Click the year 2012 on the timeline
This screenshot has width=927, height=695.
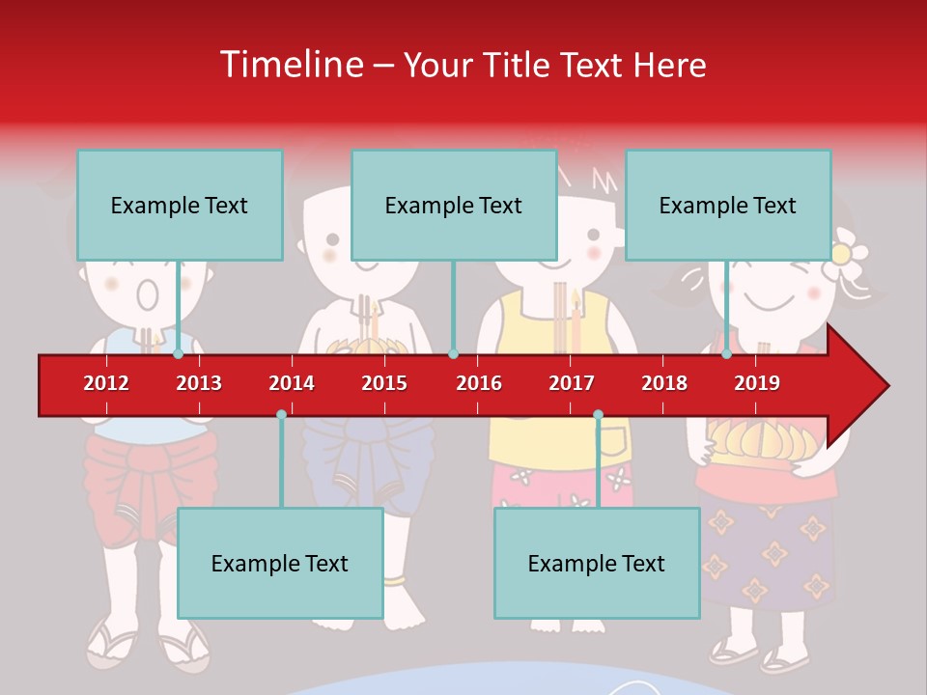point(106,383)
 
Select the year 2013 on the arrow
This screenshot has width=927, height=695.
point(199,383)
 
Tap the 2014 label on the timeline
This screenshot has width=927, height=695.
point(292,383)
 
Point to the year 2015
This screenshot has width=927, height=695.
point(384,383)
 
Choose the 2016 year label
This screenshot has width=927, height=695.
point(479,383)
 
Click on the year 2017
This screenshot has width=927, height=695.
point(572,383)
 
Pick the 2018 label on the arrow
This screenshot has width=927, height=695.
point(664,383)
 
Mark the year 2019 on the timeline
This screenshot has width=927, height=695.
point(757,383)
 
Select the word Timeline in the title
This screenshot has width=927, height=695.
point(289,65)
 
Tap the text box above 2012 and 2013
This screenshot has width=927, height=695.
point(180,205)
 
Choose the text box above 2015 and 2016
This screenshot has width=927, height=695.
point(454,205)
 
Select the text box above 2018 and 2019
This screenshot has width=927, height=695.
point(728,205)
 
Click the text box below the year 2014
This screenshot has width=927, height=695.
point(280,563)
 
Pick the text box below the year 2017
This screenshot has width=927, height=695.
point(597,563)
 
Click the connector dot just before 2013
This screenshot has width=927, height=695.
point(178,354)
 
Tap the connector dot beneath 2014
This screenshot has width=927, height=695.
point(281,414)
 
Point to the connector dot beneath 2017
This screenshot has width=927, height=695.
point(598,414)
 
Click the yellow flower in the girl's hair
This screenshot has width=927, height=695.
point(842,254)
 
